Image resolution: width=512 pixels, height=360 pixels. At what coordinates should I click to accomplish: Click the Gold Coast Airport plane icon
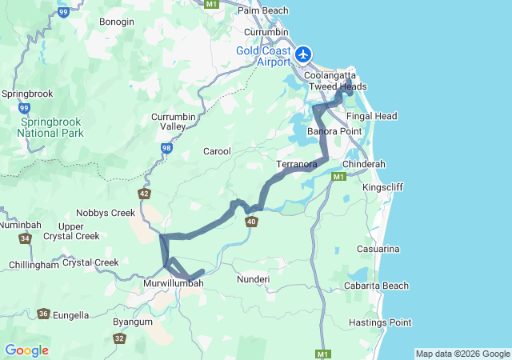[x=304, y=55]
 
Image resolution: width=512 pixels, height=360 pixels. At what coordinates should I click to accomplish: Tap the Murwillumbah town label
[x=174, y=283]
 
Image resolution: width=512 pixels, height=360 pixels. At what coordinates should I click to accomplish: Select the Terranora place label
[x=297, y=164]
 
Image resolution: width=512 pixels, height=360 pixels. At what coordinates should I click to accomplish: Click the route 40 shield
[x=252, y=222]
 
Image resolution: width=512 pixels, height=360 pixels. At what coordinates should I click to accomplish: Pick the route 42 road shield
[x=144, y=194]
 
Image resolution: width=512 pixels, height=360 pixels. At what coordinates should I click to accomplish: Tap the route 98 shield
[x=166, y=148]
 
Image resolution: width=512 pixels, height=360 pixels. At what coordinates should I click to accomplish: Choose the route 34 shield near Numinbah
[x=26, y=238]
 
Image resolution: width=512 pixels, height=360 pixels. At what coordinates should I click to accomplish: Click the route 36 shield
[x=42, y=314]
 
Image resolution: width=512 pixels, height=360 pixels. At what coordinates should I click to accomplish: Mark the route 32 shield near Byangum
[x=119, y=338]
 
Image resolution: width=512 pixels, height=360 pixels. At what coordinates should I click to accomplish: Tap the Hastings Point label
[x=380, y=322]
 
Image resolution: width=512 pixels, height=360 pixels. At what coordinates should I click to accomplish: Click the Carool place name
[x=217, y=151]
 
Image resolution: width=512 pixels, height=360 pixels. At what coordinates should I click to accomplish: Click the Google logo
[x=26, y=350]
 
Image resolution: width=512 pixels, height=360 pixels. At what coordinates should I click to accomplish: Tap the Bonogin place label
[x=117, y=22]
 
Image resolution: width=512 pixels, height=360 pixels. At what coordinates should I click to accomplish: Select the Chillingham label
[x=34, y=265]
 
